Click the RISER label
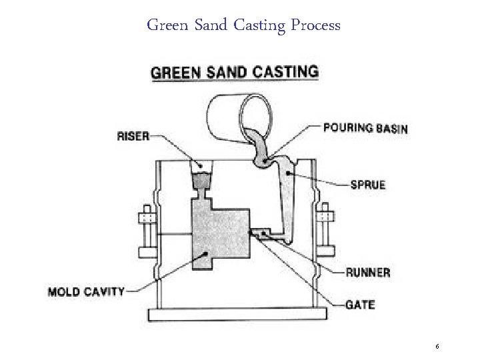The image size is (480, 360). pos(133,135)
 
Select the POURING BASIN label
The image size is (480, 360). pos(365,127)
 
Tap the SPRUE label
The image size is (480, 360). pos(368,184)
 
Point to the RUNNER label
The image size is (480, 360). pos(368,272)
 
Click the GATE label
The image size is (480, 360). pos(360,305)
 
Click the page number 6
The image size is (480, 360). pos(437,347)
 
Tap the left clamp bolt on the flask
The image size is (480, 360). pos(146,230)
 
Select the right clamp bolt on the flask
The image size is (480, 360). pos(326,230)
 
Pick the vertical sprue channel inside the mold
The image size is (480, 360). pos(287,200)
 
